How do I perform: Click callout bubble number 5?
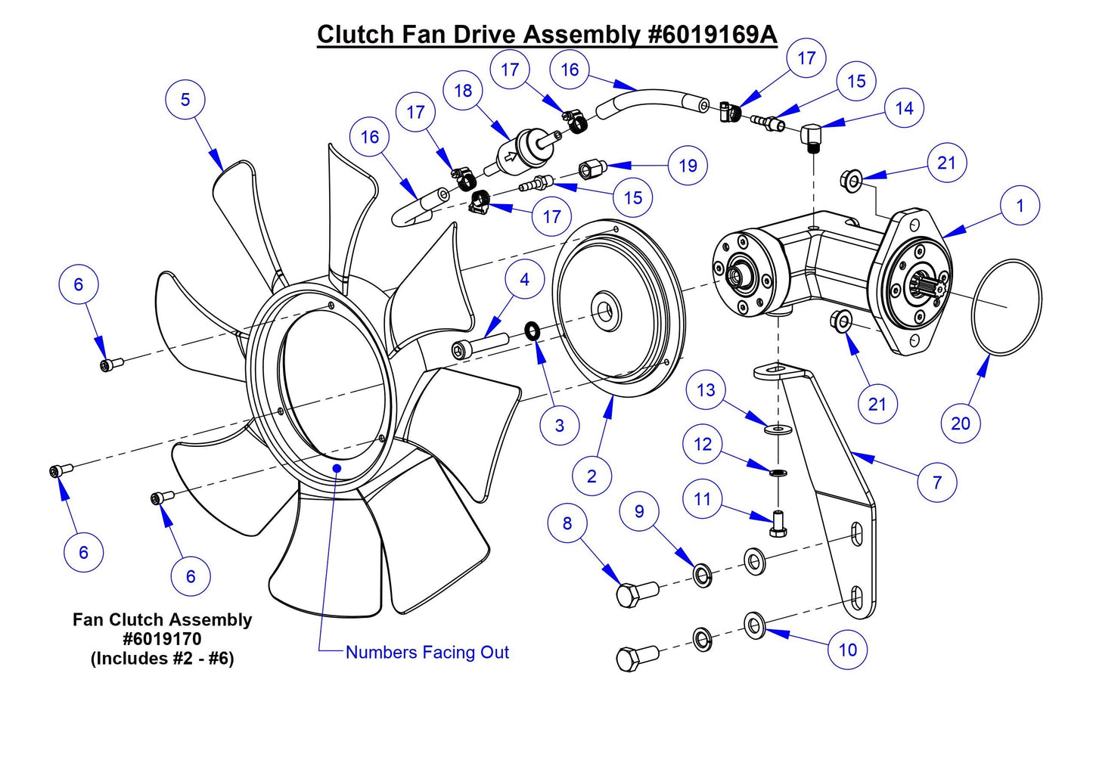(x=185, y=100)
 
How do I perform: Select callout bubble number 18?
(x=463, y=91)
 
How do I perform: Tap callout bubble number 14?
(x=904, y=109)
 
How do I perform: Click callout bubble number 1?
(x=1020, y=206)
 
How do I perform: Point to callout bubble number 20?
(x=961, y=423)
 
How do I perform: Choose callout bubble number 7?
(x=937, y=482)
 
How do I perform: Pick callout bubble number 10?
(x=848, y=650)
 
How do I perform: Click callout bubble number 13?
(x=706, y=390)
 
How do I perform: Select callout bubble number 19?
(x=688, y=166)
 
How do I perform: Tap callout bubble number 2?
(x=592, y=476)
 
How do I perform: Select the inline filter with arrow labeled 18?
(x=520, y=150)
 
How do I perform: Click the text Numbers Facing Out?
(x=427, y=652)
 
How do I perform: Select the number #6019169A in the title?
(x=713, y=35)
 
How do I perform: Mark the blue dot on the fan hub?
(x=337, y=468)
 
